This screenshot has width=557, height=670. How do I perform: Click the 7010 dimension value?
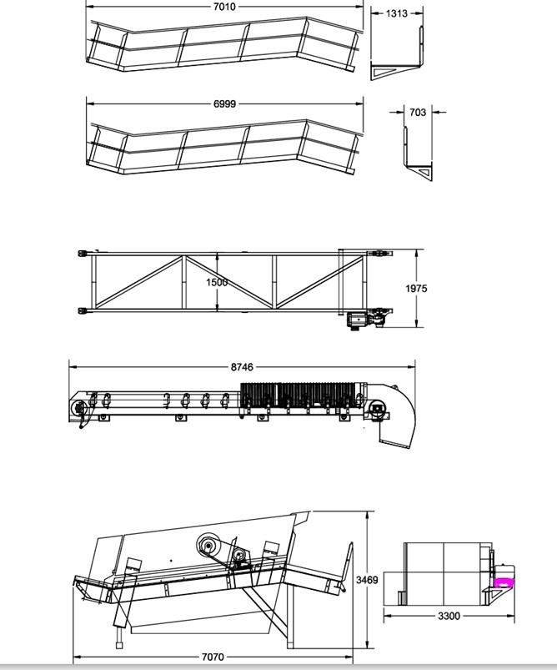(224, 7)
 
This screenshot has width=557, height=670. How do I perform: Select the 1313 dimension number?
(397, 13)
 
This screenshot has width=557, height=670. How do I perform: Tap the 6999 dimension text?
(224, 103)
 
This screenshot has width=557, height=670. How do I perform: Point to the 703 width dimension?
(418, 113)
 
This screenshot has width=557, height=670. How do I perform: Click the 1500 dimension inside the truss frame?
(217, 283)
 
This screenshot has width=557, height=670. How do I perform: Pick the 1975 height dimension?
(416, 289)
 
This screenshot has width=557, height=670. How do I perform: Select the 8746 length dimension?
(242, 367)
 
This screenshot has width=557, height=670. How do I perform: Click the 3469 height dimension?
(368, 580)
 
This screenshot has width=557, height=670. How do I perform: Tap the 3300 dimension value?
(449, 616)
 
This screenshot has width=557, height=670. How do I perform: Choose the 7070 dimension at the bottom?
(213, 657)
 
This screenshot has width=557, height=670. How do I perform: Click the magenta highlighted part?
(504, 583)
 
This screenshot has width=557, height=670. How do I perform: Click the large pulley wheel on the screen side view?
(208, 545)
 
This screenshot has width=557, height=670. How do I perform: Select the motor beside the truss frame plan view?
(358, 320)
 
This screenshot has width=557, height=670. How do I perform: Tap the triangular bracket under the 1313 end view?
(387, 73)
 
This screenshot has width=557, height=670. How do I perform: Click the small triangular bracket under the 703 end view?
(425, 172)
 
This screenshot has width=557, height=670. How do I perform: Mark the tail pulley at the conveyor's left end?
(79, 409)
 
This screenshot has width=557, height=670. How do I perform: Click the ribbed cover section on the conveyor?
(298, 395)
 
